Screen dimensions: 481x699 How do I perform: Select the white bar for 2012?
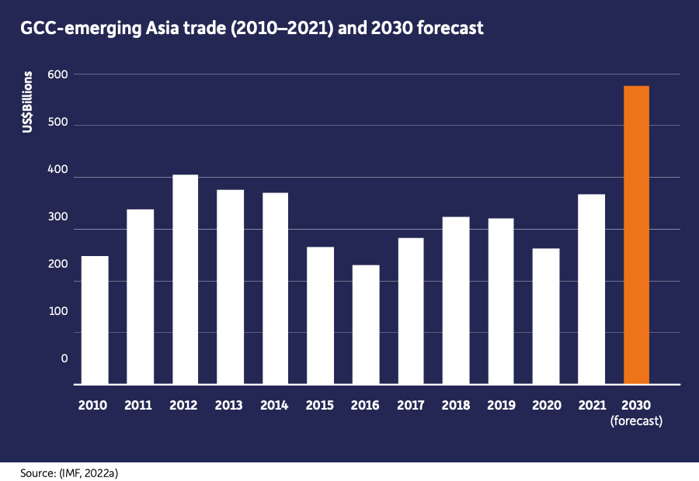[185, 279]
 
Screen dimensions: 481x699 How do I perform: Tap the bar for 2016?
[365, 324]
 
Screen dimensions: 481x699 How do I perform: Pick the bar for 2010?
[95, 320]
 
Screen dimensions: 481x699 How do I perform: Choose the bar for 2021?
[591, 289]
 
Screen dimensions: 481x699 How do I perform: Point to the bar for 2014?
[275, 288]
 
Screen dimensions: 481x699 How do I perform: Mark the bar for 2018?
[455, 300]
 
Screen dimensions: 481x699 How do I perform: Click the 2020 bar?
[545, 316]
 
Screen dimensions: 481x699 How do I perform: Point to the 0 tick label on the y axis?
[64, 358]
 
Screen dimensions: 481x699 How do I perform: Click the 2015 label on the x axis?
[320, 405]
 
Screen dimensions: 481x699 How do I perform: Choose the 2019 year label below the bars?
[500, 405]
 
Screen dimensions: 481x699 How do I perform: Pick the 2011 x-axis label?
[140, 405]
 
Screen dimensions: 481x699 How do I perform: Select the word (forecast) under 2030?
[636, 421]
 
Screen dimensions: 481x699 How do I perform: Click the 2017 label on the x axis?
[410, 405]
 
